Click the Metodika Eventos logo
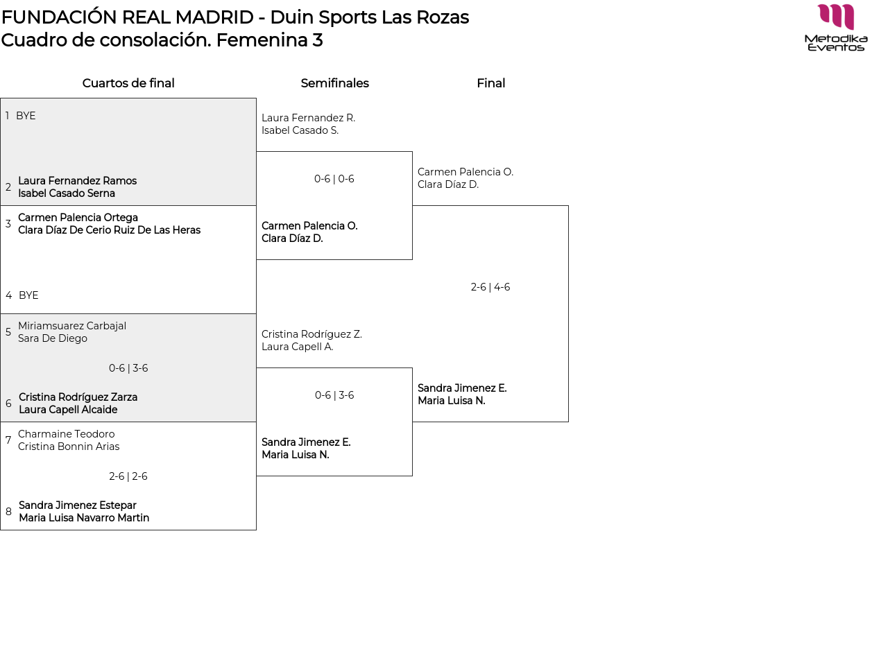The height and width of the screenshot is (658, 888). [836, 28]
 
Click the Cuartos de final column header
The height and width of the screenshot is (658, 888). [128, 83]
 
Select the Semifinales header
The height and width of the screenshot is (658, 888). [334, 83]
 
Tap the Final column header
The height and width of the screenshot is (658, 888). [490, 83]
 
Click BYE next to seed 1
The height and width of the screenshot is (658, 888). [26, 116]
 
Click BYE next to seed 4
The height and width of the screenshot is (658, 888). [28, 295]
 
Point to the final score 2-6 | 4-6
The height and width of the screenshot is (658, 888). [490, 287]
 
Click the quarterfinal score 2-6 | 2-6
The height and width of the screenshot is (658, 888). [128, 476]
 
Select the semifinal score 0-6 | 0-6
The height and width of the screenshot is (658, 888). [334, 179]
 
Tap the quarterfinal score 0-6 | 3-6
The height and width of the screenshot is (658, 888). [128, 368]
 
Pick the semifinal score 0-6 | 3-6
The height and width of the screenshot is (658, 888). [334, 395]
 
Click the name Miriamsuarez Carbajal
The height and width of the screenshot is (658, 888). [72, 326]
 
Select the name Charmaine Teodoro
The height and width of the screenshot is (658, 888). [67, 434]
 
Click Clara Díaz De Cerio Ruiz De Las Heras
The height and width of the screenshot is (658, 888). [109, 230]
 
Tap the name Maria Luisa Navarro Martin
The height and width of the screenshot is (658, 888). [84, 518]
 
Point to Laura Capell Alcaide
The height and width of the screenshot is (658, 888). [68, 410]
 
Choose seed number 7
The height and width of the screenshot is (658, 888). [8, 440]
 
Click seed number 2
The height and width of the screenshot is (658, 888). [8, 187]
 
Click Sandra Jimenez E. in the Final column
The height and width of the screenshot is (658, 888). [462, 388]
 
